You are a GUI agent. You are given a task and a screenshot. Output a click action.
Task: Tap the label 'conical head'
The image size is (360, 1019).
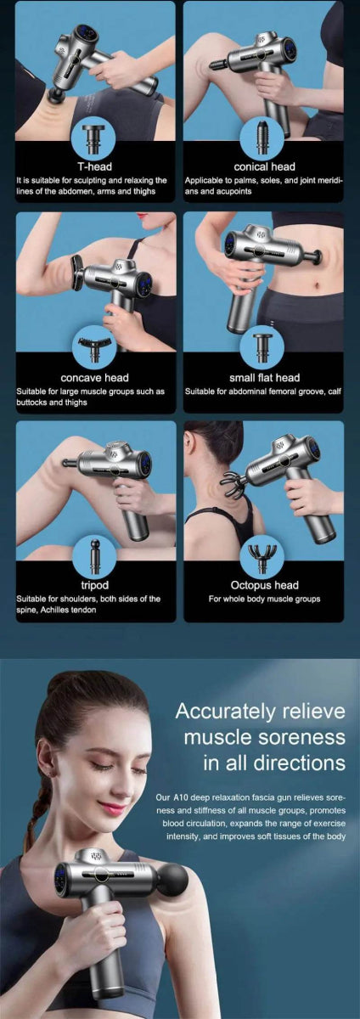click(264, 166)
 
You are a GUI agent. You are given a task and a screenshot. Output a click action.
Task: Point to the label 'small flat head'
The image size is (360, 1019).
click(264, 377)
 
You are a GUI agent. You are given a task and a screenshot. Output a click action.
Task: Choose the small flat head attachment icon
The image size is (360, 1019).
click(264, 346)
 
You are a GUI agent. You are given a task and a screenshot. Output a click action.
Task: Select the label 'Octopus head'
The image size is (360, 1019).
click(264, 584)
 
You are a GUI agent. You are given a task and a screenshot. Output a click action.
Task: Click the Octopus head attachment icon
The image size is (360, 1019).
click(264, 555)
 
